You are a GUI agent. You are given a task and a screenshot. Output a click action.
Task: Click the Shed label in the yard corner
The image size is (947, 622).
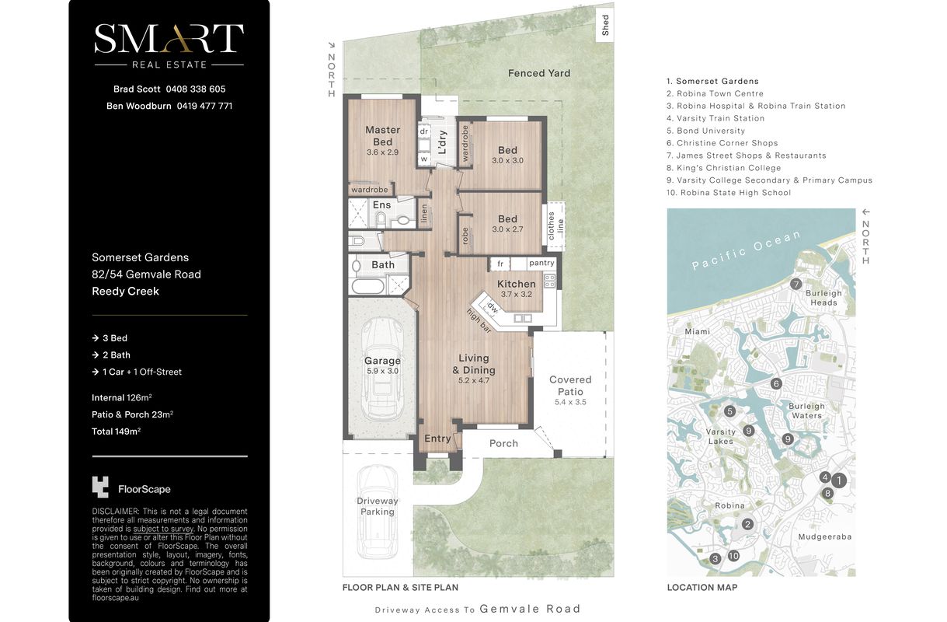pos(605,25)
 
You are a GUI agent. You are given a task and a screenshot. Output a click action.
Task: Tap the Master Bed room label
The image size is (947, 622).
pos(382,136)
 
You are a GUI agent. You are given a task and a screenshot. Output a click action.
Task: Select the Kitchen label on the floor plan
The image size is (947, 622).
pos(516,284)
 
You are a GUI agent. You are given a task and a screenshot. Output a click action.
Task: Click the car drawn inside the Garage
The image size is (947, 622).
pos(381,368)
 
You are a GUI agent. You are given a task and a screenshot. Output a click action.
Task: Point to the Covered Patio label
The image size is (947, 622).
pos(570,386)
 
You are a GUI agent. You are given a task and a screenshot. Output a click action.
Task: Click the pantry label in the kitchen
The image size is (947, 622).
pos(541,263)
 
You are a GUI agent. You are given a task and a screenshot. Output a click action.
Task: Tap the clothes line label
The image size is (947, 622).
pos(555,226)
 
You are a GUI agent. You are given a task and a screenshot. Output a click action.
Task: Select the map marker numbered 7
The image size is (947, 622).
pos(796,284)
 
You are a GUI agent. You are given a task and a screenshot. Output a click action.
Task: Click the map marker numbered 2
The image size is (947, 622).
pos(747,524)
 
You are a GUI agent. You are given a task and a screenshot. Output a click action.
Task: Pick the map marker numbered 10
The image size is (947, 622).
pos(733,556)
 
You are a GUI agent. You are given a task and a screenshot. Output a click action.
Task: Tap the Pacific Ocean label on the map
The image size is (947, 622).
pos(747,250)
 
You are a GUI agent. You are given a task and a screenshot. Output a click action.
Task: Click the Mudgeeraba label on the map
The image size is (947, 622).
pos(825,537)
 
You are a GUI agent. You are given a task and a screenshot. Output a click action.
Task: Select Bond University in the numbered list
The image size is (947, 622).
pos(705,131)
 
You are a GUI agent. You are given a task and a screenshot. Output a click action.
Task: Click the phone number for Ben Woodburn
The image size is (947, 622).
pos(204,106)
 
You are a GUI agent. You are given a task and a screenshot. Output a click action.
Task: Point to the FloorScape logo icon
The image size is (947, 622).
pos(100,487)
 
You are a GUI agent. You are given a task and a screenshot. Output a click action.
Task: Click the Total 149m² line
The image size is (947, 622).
pos(116,432)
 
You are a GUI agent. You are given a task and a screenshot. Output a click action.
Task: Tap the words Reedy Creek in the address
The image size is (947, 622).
pos(126,291)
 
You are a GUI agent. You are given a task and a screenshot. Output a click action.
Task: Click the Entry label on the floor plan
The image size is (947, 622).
pos(437,439)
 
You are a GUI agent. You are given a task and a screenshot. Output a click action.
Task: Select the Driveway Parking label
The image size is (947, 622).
pos(378,506)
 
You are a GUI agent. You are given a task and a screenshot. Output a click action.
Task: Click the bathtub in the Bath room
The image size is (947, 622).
pos(367,286)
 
